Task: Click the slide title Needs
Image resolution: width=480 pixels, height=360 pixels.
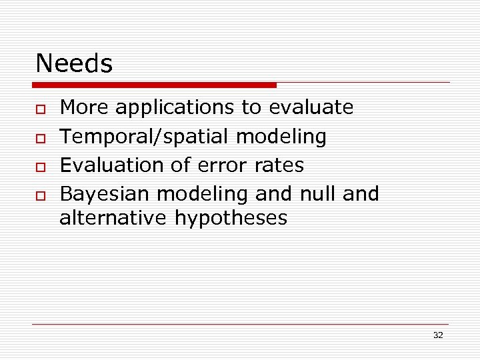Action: point(74,64)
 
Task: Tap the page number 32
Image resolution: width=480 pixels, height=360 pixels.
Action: point(437,335)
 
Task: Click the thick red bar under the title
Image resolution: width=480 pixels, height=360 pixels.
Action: point(155,85)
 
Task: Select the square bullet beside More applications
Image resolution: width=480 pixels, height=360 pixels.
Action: point(41,108)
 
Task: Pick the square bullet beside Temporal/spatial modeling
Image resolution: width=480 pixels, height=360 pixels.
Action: point(41,137)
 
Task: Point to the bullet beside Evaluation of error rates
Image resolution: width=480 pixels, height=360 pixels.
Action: point(41,166)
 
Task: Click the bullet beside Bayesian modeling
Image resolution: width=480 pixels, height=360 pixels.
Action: point(41,195)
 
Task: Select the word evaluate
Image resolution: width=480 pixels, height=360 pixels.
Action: point(311,107)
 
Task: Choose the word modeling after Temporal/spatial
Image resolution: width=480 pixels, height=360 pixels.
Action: point(281,137)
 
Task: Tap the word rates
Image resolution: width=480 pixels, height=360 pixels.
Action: point(280,165)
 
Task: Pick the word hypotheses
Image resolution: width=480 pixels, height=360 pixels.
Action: point(231,219)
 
